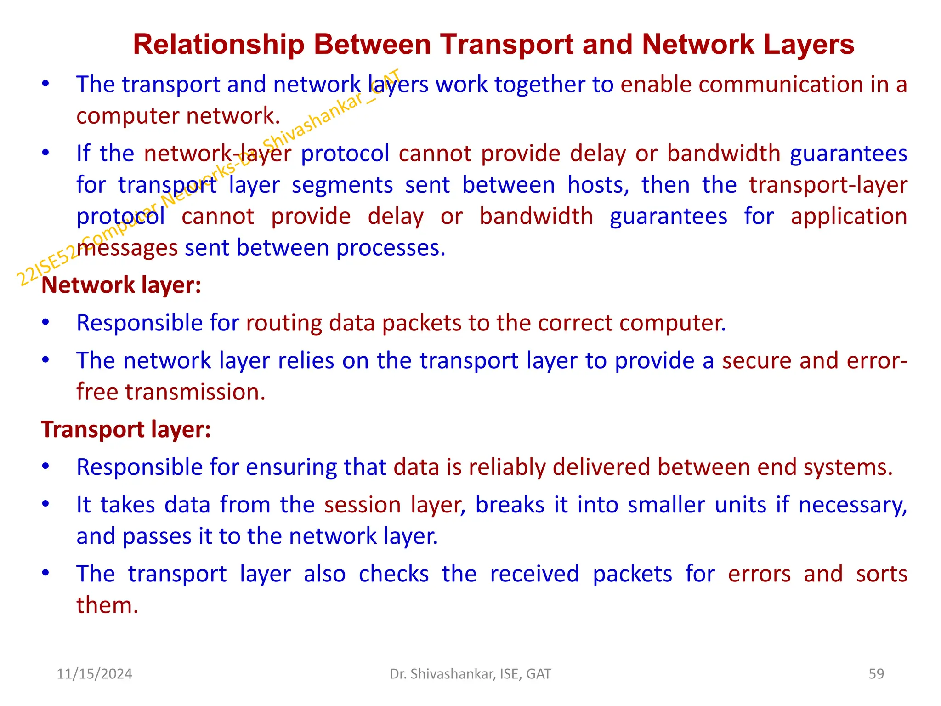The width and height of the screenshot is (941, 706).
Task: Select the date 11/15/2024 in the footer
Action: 94,674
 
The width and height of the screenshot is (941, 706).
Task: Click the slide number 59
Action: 876,674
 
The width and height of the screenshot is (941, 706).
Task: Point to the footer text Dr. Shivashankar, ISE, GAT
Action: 470,674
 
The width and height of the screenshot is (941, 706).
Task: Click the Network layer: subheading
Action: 121,285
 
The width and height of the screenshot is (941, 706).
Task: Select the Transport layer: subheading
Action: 126,429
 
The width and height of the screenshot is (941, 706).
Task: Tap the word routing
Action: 283,323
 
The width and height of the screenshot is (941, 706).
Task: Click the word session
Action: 363,505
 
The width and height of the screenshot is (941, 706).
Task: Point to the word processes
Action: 391,248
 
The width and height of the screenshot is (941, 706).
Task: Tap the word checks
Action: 394,574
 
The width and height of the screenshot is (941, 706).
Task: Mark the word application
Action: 849,216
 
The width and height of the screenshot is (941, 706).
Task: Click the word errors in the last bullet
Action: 759,574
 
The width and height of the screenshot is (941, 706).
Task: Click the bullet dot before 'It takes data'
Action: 45,504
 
